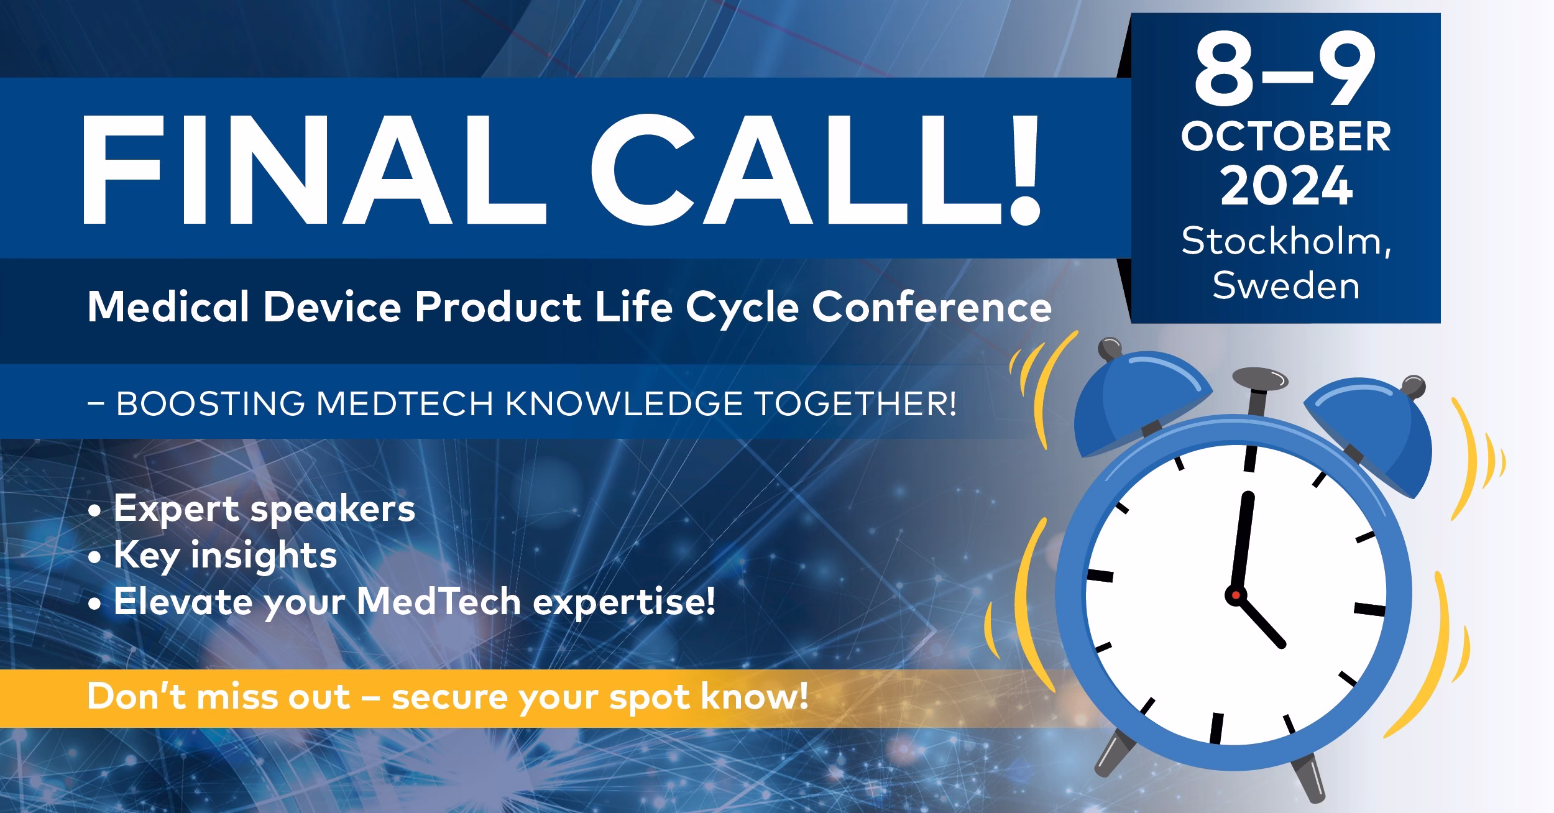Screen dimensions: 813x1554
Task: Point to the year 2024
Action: click(x=1285, y=186)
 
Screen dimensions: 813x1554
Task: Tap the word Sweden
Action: click(x=1285, y=286)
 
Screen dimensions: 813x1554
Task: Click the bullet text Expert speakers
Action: click(x=264, y=509)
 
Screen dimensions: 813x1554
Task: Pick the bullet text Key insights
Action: click(x=225, y=555)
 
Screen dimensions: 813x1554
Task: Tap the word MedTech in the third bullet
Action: click(x=439, y=602)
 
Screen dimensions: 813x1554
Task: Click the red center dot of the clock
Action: click(x=1236, y=595)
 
